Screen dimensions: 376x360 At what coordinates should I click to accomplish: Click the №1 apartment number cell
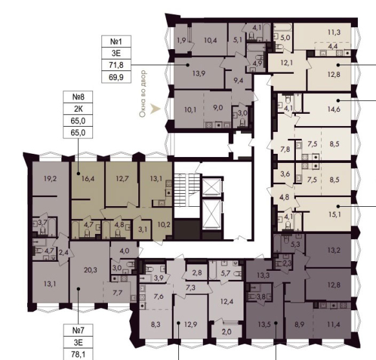(116, 41)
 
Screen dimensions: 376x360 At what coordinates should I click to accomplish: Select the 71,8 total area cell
(116, 65)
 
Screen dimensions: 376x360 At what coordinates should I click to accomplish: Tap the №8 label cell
(78, 97)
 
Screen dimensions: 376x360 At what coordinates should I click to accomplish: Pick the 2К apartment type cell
(78, 109)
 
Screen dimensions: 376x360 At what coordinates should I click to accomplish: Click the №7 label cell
(78, 330)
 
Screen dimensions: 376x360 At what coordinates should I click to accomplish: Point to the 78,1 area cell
(78, 354)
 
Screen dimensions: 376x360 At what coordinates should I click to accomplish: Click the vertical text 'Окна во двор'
(143, 94)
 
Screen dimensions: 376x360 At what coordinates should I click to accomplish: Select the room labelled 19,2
(50, 178)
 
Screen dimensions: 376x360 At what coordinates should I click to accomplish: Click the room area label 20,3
(90, 270)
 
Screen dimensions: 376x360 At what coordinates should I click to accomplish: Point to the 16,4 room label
(88, 178)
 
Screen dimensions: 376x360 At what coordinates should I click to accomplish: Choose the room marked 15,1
(335, 214)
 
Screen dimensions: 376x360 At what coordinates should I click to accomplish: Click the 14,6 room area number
(334, 109)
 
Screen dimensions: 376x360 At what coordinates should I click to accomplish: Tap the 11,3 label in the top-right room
(334, 32)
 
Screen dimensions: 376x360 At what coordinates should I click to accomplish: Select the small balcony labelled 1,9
(182, 40)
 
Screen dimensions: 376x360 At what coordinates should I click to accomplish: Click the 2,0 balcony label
(226, 332)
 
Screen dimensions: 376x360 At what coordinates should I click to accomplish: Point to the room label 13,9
(199, 73)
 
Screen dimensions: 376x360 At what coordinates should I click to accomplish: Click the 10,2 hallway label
(164, 225)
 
